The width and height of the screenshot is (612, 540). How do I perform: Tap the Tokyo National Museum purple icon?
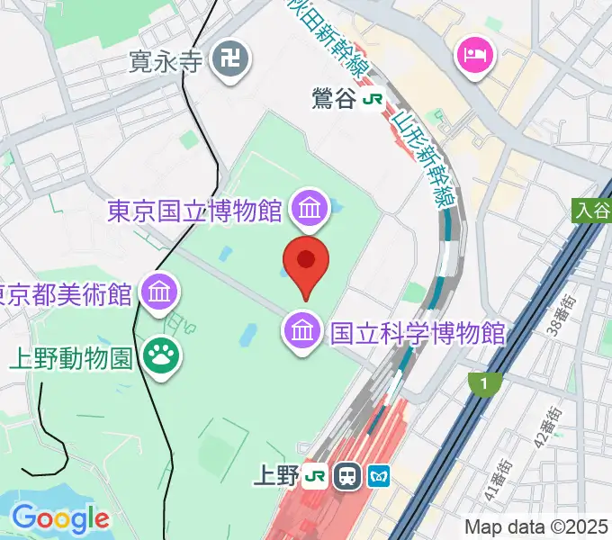click(x=309, y=211)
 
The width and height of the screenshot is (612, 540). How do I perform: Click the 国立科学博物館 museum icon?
click(x=303, y=332)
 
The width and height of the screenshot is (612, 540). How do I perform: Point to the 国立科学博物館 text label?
click(x=418, y=333)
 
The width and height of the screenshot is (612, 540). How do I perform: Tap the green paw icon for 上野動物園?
click(x=163, y=356)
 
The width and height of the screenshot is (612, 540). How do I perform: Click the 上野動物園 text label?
click(x=72, y=357)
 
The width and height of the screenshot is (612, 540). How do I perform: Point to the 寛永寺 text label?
click(x=167, y=62)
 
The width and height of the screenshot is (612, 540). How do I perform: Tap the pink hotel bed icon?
click(x=474, y=57)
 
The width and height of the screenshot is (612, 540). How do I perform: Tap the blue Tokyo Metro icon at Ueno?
click(x=379, y=475)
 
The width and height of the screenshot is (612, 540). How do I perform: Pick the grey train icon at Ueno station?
click(x=346, y=475)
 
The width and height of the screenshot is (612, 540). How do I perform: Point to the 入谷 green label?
click(x=590, y=211)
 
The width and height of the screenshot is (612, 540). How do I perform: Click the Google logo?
click(x=60, y=519)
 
